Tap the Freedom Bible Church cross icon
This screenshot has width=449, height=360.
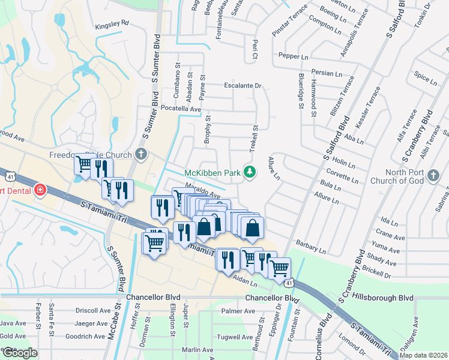(x=141, y=154)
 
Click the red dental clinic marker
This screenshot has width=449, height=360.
(x=40, y=190)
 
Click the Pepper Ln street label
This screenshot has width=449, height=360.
(x=293, y=55)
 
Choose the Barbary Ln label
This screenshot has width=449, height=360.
(x=310, y=247)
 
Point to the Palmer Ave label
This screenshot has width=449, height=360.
(x=238, y=311)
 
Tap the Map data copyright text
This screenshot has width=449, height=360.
(x=423, y=355)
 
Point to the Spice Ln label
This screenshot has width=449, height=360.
(x=426, y=77)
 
